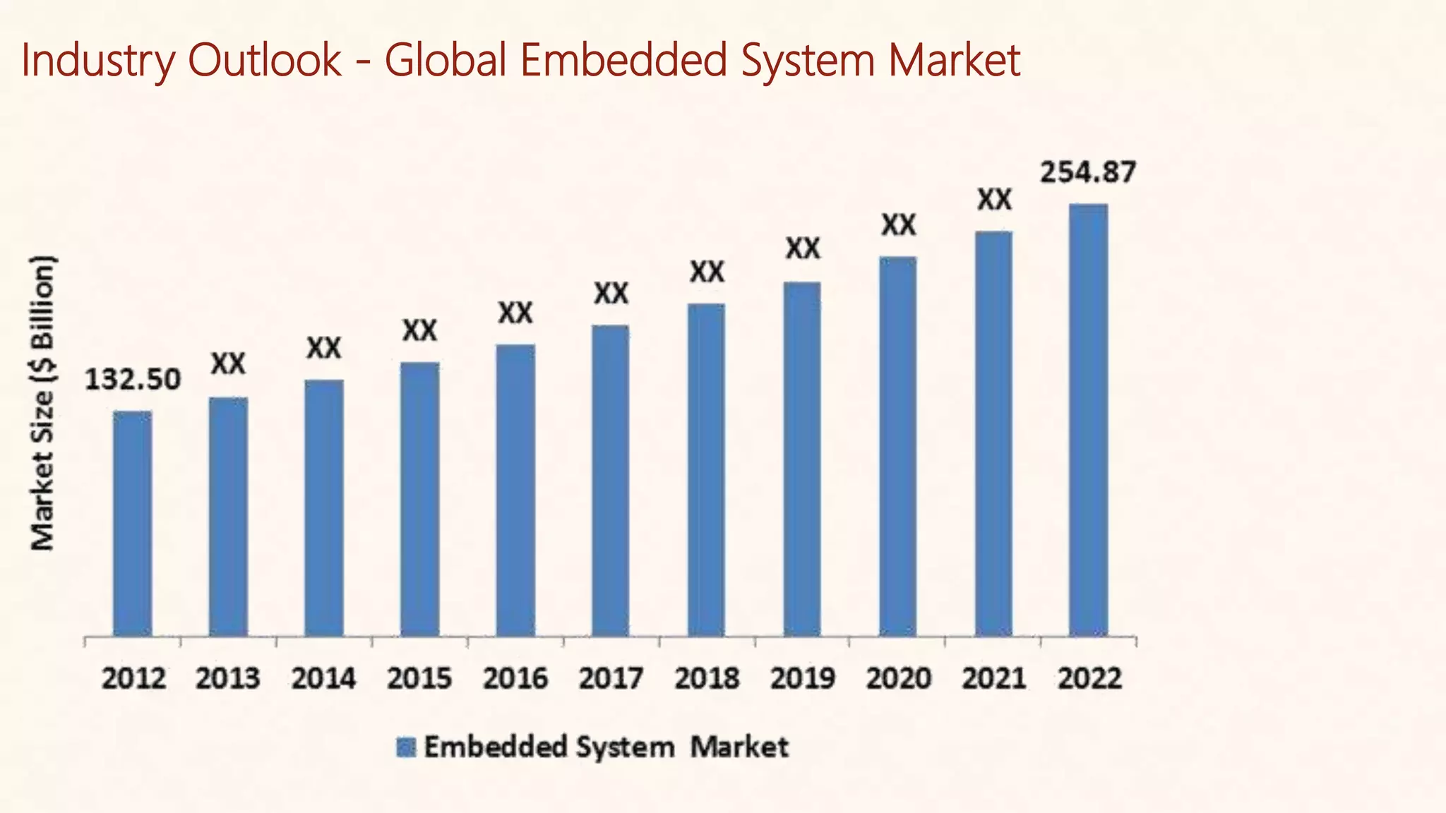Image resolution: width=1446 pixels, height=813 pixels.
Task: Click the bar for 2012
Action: point(132,523)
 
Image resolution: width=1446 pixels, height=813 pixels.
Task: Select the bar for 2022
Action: point(1088,420)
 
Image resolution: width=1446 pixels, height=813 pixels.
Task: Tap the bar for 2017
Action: point(610,481)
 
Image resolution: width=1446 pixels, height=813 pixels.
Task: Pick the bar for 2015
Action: point(419,499)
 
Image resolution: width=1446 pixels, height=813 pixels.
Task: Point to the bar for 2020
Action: point(897,446)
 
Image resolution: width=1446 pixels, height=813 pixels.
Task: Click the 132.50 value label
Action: point(133,380)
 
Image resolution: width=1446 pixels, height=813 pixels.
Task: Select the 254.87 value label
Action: point(1088,173)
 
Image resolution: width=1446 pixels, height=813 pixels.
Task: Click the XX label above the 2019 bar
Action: point(803,248)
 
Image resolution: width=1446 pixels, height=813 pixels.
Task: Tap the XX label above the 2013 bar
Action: point(229,364)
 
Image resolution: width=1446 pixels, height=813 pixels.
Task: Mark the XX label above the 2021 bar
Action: point(994,200)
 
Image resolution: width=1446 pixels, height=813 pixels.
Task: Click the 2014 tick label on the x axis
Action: point(323,679)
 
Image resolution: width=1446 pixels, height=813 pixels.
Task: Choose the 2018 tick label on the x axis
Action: point(706,679)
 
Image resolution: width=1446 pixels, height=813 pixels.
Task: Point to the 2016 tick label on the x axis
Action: point(515,679)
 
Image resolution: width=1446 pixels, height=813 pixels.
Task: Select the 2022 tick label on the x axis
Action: point(1089,679)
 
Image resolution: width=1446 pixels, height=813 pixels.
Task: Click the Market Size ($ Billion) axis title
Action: point(42,402)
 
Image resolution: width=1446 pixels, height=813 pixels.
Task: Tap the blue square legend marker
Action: point(406,747)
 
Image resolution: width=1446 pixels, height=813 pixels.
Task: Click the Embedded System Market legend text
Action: point(606,747)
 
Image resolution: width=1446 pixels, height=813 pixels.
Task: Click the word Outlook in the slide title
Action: point(265,61)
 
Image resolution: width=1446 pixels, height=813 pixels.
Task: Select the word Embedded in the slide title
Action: point(624,61)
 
